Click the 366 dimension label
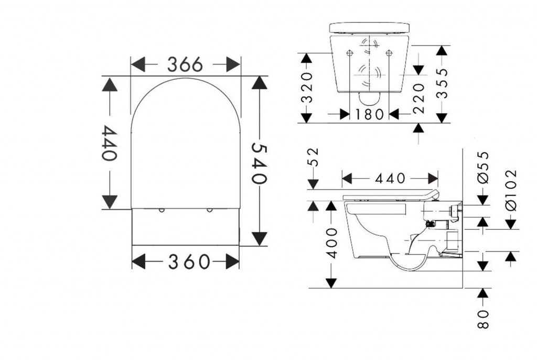tap(185, 65)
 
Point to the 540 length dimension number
tap(259, 162)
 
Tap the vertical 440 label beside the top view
tap(108, 143)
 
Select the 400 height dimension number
tap(330, 243)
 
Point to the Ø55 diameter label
tap(483, 167)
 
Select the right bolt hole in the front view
tap(389, 53)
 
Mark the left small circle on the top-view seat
tap(162, 210)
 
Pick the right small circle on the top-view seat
tap(209, 210)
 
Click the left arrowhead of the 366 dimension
tap(137, 65)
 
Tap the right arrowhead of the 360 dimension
tap(232, 261)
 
